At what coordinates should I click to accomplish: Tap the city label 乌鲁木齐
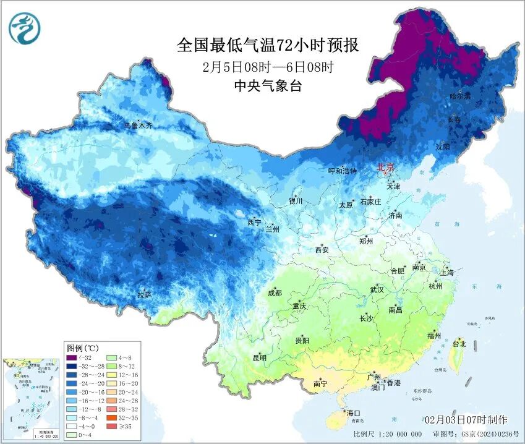138,126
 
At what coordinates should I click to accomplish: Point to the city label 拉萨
144,295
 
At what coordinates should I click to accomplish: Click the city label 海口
354,412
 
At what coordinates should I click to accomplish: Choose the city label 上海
447,272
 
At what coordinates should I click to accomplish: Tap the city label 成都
275,292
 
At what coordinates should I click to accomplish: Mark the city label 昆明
259,357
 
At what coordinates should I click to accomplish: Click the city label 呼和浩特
342,171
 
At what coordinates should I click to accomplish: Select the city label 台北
459,344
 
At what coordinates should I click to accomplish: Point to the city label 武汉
377,289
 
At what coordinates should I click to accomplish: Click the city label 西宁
254,222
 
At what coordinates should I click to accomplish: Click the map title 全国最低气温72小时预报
268,45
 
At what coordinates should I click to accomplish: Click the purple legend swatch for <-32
72,357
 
